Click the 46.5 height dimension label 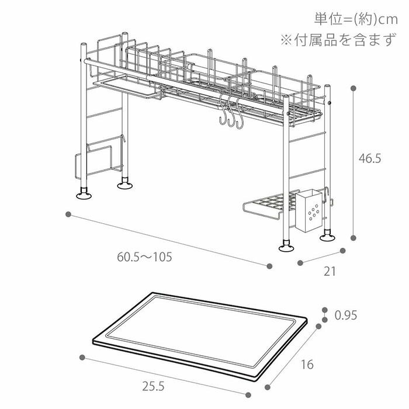click(370, 159)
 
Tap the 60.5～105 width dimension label click(144, 257)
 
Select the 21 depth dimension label click(330, 271)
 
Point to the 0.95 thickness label click(345, 316)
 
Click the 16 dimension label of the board click(307, 365)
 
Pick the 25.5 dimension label click(152, 386)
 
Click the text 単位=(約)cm click(356, 19)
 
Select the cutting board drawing click(200, 334)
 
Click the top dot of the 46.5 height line click(353, 88)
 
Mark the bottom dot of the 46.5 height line click(353, 238)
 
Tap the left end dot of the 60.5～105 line click(69, 214)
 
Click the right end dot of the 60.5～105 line click(269, 266)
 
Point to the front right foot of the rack click(287, 247)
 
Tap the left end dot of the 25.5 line click(82, 358)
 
